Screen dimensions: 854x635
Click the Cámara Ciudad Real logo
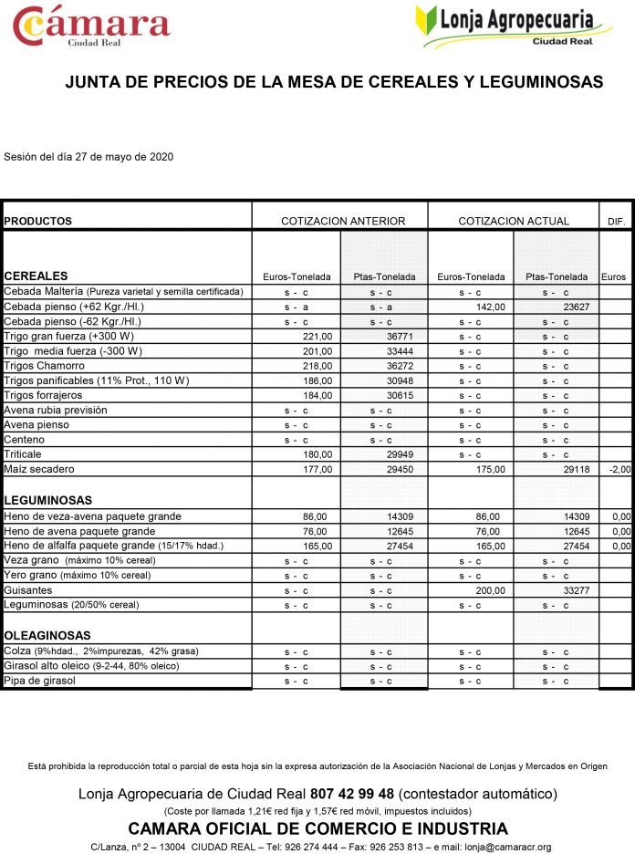click(91, 27)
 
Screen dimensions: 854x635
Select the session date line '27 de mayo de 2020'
click(88, 157)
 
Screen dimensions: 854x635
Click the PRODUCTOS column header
click(38, 221)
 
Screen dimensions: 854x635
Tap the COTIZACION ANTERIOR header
click(343, 221)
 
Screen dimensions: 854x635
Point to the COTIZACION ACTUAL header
click(514, 221)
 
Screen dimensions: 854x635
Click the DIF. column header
click(615, 222)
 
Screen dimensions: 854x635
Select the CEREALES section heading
click(36, 276)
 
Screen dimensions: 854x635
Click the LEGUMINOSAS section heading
click(48, 501)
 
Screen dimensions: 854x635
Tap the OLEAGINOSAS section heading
click(48, 635)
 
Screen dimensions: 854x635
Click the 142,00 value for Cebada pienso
click(489, 307)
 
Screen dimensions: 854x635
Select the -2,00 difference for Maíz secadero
click(620, 469)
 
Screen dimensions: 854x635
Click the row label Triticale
click(23, 454)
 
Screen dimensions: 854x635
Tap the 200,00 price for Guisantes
click(489, 590)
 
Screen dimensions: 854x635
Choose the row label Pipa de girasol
click(39, 681)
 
